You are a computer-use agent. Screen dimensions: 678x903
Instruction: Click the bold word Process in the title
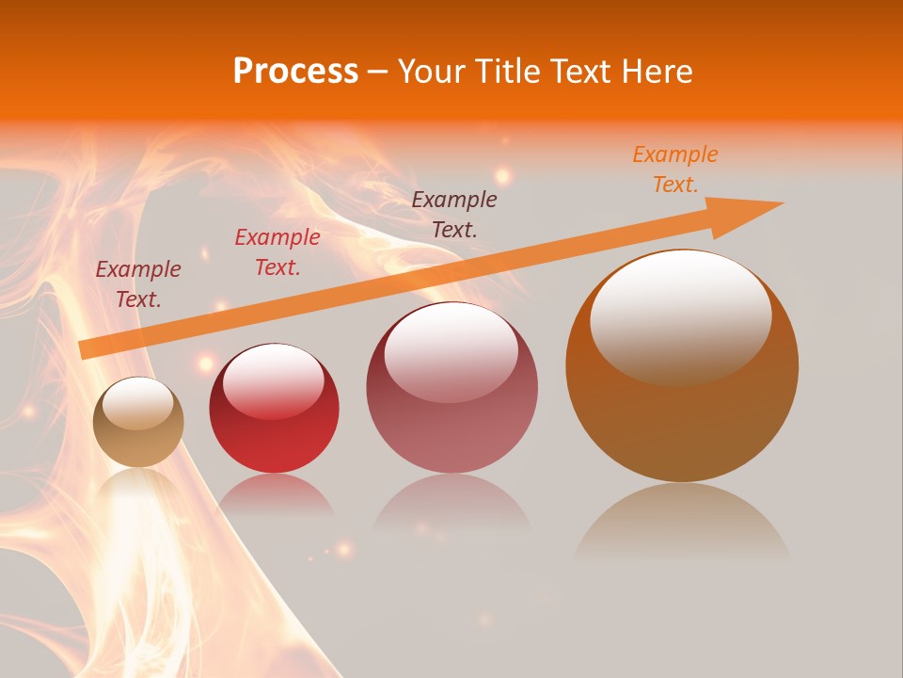295,72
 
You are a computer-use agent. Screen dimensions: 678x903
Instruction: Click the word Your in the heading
433,72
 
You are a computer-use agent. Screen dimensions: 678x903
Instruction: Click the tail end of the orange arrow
87,349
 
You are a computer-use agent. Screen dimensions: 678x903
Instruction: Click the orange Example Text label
675,169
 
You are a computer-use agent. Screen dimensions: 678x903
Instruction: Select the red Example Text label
277,252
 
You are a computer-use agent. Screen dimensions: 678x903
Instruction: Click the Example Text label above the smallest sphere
138,284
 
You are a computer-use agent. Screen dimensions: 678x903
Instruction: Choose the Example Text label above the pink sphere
454,214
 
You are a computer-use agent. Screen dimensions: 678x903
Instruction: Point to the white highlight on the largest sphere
680,315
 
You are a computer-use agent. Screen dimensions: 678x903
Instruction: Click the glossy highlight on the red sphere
273,379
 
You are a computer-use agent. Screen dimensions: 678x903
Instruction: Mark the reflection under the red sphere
275,494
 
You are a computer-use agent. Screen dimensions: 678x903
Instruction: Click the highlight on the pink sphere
451,350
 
